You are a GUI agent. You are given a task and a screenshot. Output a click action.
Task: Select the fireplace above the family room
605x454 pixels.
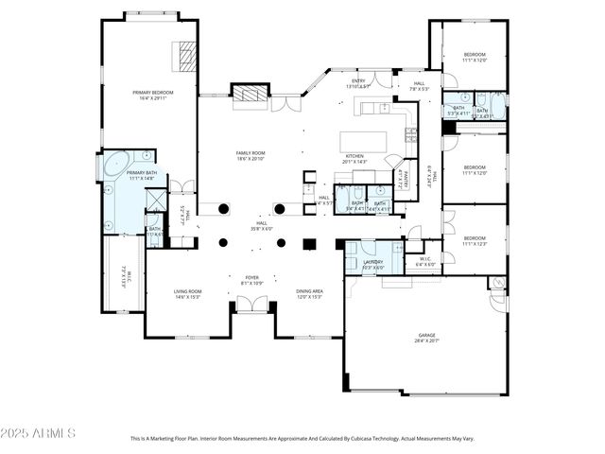[251, 93]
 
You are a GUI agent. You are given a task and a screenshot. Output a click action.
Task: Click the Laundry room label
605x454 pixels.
[372, 262]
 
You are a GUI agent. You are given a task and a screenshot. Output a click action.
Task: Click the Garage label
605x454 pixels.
[427, 335]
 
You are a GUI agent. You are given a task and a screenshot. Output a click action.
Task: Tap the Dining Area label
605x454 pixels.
[309, 291]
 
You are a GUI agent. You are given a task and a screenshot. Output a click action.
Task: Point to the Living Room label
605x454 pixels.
[187, 291]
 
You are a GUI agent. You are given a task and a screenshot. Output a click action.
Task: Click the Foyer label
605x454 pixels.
[252, 277]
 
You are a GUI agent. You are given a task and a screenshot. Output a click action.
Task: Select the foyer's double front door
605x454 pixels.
[251, 305]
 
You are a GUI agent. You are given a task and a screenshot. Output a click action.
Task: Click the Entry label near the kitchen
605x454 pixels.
[359, 81]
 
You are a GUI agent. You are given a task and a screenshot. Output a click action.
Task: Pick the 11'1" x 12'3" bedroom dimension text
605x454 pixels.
[474, 244]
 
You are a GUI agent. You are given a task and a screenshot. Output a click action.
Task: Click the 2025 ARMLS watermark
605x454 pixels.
[38, 432]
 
